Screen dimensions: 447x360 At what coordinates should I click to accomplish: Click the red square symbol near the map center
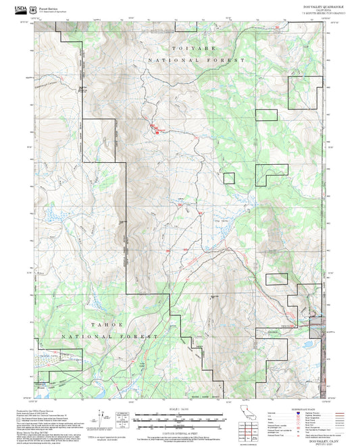coord(158,132)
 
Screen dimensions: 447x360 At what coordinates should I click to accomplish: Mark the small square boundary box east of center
coord(229,178)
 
